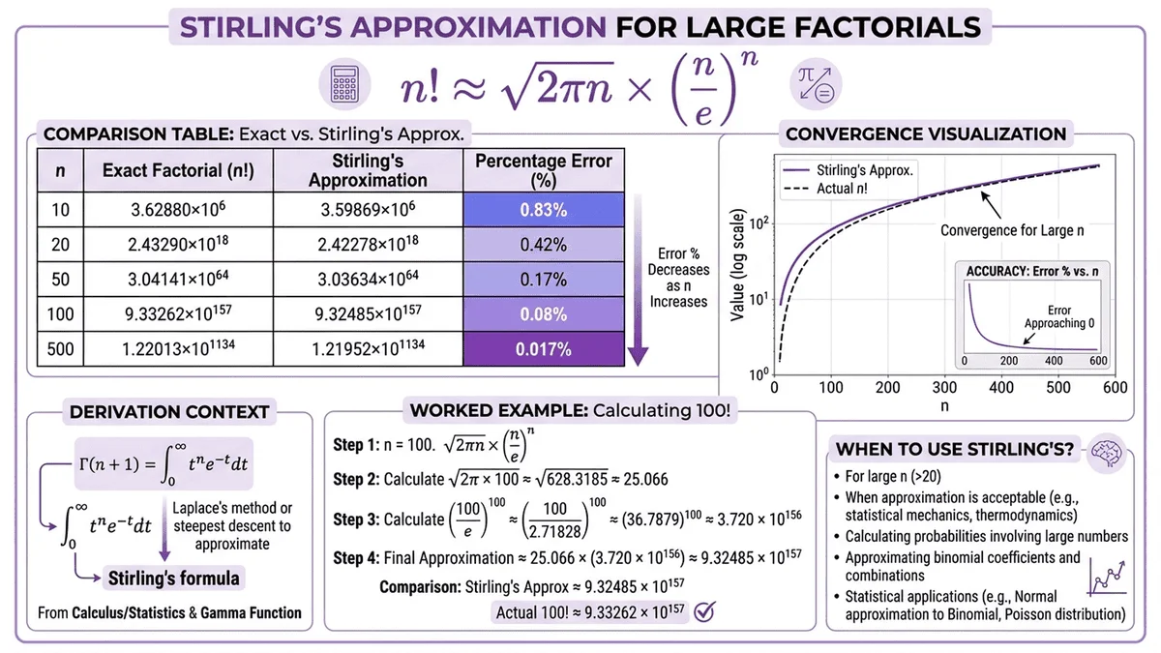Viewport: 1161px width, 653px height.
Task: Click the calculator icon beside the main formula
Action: (342, 85)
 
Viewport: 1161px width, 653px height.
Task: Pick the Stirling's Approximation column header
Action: (368, 170)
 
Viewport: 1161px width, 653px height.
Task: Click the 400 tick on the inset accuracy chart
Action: (1052, 361)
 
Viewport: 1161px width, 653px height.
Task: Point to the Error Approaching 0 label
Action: (1059, 316)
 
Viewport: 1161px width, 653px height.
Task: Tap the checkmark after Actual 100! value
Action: (705, 610)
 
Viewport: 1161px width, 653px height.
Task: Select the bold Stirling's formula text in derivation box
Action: (174, 579)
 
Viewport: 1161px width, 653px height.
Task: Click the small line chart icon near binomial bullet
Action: (1109, 577)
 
